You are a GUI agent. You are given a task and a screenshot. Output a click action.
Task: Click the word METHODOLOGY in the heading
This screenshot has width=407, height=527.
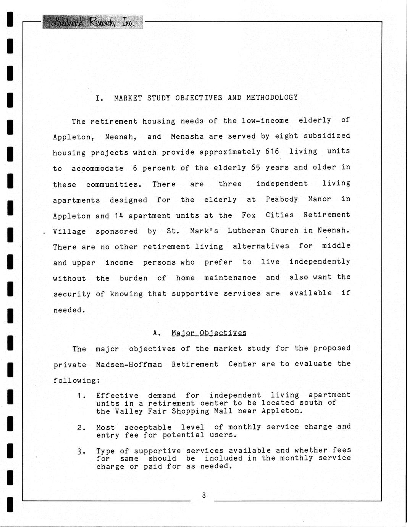272,97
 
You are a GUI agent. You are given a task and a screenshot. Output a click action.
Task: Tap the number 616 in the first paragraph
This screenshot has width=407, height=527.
272,152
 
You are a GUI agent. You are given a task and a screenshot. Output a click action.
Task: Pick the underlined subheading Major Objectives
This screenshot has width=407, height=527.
209,333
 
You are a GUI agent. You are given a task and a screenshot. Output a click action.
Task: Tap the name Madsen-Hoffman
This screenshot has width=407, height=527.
129,364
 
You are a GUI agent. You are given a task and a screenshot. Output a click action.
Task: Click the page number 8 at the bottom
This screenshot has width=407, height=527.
204,495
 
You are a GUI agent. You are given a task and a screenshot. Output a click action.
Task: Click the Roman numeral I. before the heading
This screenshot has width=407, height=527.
99,98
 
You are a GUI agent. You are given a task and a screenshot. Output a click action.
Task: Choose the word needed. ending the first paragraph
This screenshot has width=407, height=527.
69,310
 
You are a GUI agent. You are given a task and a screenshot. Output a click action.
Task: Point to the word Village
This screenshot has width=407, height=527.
69,231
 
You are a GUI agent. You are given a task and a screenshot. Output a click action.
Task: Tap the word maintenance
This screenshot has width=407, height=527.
230,278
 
